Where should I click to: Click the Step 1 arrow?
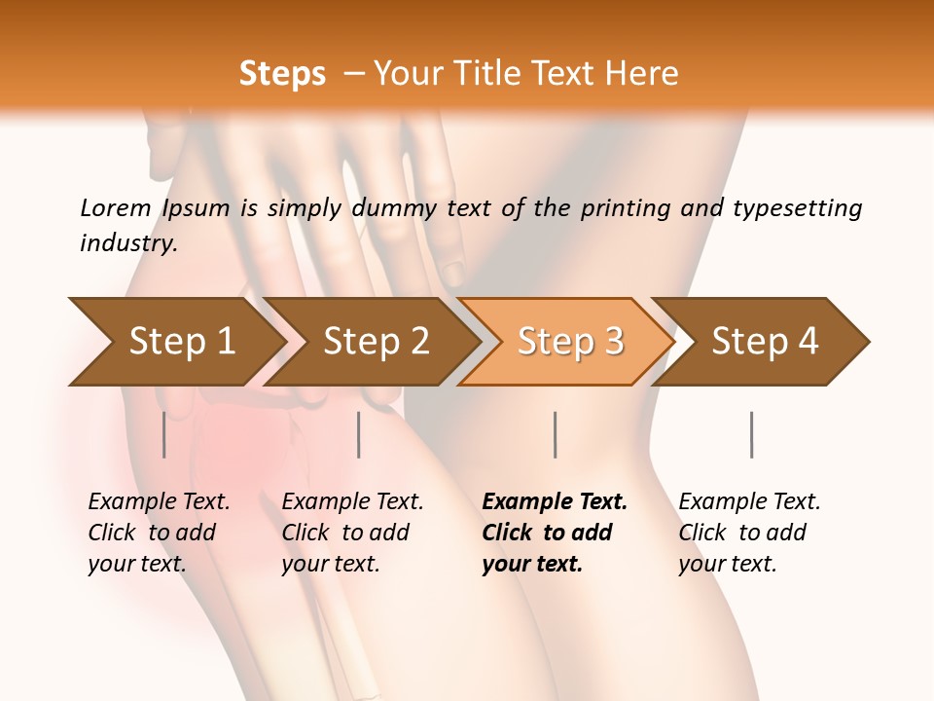pos(181,342)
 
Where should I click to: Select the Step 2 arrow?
pos(376,342)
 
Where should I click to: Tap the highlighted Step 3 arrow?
pos(570,342)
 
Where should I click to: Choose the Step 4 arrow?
pos(765,342)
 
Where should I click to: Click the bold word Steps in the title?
pos(282,73)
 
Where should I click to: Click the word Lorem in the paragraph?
pos(115,207)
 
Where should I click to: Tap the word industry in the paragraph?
pos(127,242)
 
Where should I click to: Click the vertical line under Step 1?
pos(164,434)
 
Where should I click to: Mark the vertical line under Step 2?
pos(359,434)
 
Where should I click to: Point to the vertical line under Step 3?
pos(556,434)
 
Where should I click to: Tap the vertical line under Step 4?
pos(752,434)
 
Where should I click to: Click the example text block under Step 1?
pos(159,533)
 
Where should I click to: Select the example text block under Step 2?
pos(352,533)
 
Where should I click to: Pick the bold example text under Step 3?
pos(555,533)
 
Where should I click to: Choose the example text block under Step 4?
pos(749,533)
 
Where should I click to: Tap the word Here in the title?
pos(646,73)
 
